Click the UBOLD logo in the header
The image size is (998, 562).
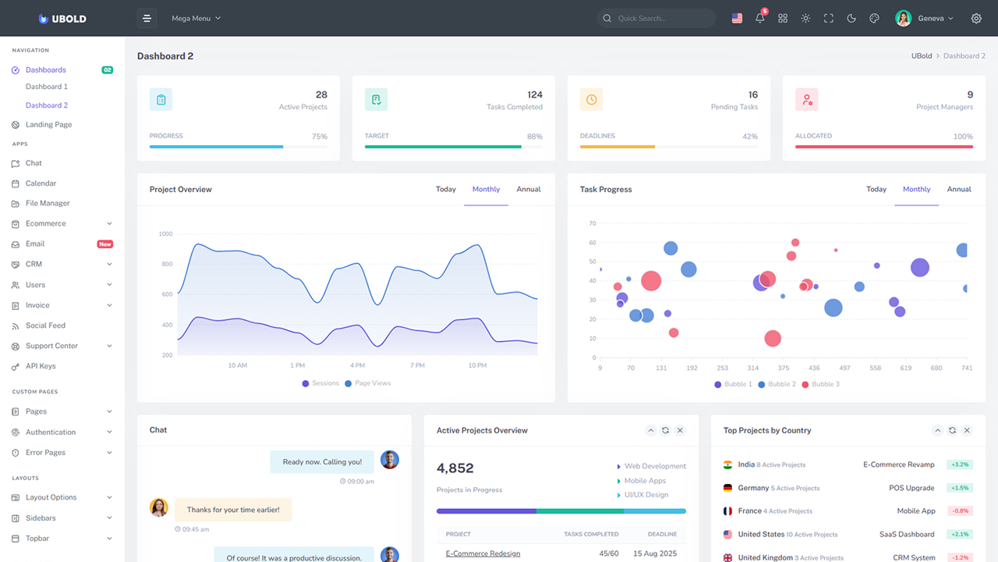[62, 19]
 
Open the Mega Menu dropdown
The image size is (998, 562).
[196, 18]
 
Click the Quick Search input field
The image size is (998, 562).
[663, 18]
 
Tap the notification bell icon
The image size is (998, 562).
[760, 18]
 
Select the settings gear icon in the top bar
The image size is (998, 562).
[976, 18]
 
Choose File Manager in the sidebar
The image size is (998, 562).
[48, 203]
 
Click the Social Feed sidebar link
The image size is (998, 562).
[45, 325]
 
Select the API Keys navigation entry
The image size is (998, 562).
[41, 366]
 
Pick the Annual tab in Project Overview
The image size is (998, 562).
[528, 189]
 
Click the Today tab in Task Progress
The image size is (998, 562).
[876, 189]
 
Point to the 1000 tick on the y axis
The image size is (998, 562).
[165, 233]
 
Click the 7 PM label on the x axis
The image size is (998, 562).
[417, 365]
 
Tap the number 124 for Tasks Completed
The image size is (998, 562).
[535, 94]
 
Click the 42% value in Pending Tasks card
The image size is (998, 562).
[749, 137]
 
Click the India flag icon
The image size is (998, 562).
[727, 464]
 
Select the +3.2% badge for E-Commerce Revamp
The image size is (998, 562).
[960, 464]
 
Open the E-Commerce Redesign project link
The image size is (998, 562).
[483, 553]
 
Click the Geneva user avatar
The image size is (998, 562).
[904, 18]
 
